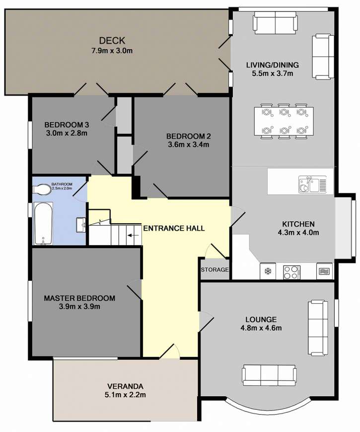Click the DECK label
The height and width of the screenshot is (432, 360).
112,41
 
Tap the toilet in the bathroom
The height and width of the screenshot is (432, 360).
42,189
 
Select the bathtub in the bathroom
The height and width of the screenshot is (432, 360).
43,223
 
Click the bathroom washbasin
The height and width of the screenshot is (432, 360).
81,225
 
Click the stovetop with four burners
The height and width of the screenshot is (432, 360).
291,272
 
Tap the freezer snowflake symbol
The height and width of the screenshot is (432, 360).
267,271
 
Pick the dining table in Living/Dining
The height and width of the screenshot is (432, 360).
284,121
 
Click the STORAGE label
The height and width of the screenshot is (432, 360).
215,269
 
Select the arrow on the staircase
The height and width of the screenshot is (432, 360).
133,235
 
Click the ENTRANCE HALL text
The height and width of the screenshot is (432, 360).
174,228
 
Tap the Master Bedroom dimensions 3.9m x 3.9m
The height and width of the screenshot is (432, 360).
79,306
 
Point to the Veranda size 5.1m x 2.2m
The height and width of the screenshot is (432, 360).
125,395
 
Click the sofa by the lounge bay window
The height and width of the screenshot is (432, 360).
270,375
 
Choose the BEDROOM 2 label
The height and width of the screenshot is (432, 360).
189,136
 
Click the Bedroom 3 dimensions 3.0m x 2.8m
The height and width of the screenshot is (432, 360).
67,133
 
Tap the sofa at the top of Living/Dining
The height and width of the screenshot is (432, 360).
275,23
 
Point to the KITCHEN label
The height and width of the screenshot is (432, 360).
298,224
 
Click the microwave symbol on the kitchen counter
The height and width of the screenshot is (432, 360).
324,271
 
